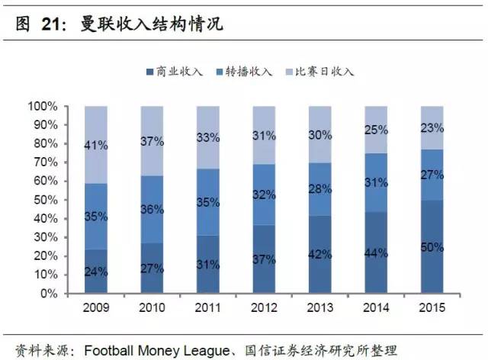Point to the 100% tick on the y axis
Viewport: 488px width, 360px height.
coord(45,106)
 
